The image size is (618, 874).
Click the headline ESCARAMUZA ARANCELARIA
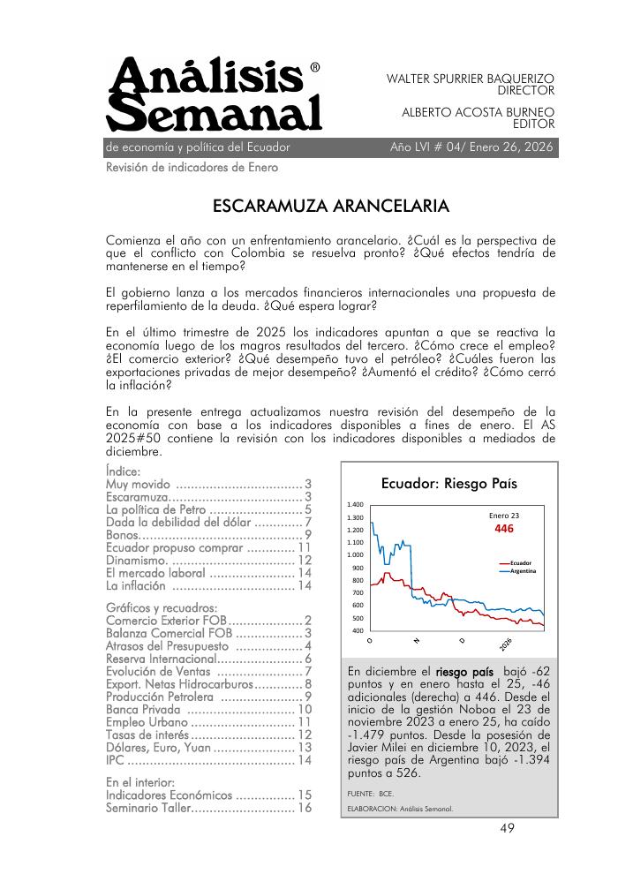(331, 207)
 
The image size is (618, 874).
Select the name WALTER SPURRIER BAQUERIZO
(471, 79)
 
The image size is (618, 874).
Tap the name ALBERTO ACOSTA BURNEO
(478, 113)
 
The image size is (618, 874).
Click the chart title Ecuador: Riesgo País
(448, 484)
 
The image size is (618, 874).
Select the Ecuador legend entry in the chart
(525, 563)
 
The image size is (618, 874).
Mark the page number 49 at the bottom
(508, 827)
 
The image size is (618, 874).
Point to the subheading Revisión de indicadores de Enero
(192, 168)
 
